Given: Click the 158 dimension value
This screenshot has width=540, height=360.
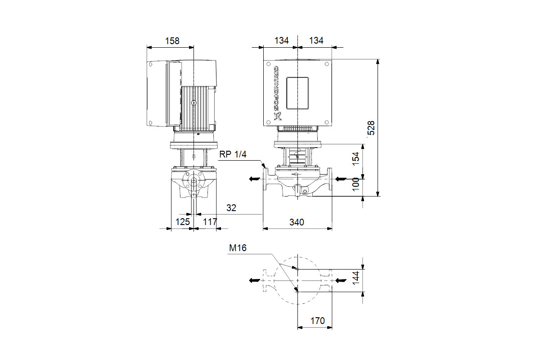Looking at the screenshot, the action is point(172,41).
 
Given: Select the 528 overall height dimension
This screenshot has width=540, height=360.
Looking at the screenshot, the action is point(371,128).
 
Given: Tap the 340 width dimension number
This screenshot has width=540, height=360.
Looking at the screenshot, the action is point(297,222).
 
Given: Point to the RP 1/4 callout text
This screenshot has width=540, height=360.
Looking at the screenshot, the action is point(233,154).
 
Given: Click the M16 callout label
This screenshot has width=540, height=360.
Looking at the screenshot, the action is point(238,248).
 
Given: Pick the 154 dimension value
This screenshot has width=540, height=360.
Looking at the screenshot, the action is point(356,159).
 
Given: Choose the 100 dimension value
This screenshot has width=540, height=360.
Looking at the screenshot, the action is point(356,184).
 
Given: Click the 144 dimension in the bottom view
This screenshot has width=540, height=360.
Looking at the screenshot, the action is point(356,278).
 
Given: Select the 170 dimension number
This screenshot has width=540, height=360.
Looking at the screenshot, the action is point(318,321).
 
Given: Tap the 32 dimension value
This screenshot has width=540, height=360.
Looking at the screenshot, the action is point(231,207).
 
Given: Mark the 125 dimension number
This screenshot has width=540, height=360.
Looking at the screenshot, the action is point(183,221).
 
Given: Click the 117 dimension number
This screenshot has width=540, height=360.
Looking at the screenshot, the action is point(210,221).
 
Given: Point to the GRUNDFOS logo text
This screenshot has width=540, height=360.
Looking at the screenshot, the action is point(278,93).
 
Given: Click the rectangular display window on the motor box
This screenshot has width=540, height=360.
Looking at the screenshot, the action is point(297,93).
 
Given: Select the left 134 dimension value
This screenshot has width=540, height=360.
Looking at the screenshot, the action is point(281,40).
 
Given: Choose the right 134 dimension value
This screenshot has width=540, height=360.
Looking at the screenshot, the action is point(316,40).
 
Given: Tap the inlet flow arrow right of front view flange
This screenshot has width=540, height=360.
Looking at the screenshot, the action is point(341,179).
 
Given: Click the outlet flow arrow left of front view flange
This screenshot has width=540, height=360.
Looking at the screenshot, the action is point(255,179).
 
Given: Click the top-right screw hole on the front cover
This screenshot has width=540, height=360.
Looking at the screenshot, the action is point(327,64).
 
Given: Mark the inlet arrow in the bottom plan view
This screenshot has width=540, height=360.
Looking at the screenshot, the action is point(341,280).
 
